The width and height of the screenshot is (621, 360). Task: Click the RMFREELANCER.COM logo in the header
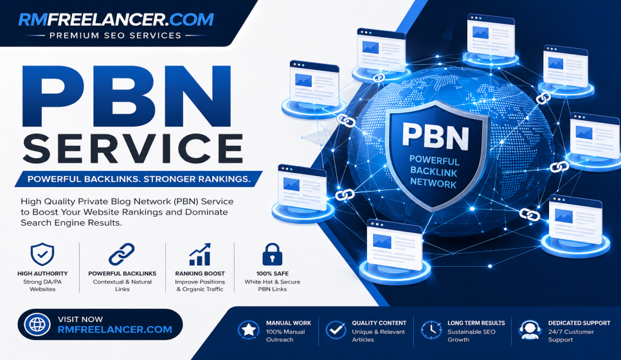click(x=116, y=19)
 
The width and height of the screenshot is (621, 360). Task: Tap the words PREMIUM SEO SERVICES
click(x=115, y=35)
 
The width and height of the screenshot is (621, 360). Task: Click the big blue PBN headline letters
click(x=127, y=96)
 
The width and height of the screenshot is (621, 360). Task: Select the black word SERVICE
click(x=132, y=148)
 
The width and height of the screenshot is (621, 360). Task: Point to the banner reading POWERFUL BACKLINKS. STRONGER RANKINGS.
click(x=139, y=179)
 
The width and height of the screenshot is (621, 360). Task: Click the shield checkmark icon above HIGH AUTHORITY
click(x=42, y=255)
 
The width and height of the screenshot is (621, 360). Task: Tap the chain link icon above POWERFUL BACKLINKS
click(x=122, y=255)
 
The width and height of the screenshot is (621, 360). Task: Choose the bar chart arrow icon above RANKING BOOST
click(x=199, y=255)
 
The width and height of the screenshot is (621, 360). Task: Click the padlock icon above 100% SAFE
click(x=273, y=255)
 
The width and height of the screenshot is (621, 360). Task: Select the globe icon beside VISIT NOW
click(x=37, y=325)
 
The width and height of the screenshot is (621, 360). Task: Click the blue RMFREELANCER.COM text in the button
click(x=115, y=330)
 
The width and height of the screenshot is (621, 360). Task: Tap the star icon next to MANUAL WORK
click(x=248, y=330)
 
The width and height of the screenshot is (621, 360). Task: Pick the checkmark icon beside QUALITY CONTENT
click(x=336, y=330)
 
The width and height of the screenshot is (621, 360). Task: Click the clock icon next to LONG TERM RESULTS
click(x=431, y=330)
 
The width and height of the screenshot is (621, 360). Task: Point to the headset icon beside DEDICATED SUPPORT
click(x=530, y=330)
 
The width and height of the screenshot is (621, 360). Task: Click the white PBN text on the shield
click(x=435, y=136)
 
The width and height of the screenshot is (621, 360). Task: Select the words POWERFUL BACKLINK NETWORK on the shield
click(x=434, y=172)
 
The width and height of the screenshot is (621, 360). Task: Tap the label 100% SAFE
click(x=273, y=274)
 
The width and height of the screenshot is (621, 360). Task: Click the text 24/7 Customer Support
click(x=571, y=336)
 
